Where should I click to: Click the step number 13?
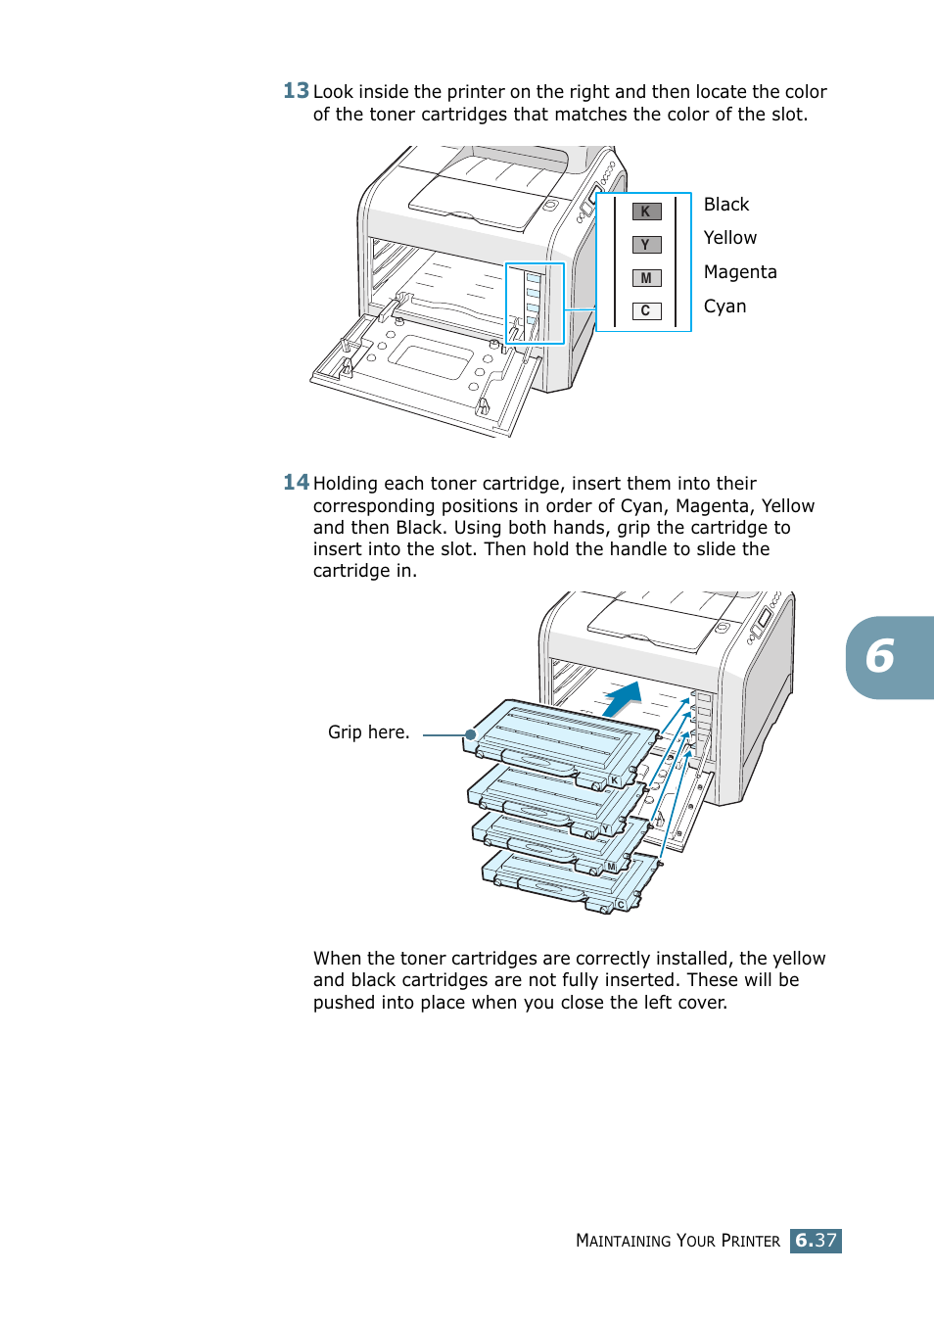[296, 91]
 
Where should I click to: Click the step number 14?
[296, 482]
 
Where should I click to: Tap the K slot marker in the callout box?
[646, 212]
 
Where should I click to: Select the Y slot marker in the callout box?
[646, 245]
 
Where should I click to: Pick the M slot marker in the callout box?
[646, 278]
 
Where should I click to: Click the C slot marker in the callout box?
[646, 311]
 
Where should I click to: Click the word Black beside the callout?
[725, 205]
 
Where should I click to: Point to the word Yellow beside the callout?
[729, 238]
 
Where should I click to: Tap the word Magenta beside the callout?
[739, 272]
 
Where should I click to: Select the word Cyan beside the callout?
[724, 306]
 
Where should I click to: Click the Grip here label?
[368, 732]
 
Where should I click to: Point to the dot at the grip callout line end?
[471, 734]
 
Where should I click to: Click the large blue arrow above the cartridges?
[623, 699]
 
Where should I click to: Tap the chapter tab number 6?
[880, 657]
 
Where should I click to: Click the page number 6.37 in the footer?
[816, 1241]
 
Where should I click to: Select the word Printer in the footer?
[750, 1241]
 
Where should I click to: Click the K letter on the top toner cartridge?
[615, 780]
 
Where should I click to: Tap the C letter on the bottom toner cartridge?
[621, 905]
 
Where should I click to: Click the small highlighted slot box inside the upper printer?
[535, 303]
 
